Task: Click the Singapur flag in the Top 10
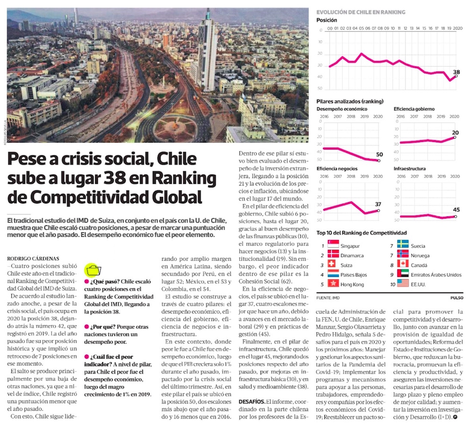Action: (x=333, y=246)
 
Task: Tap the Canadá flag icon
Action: (x=403, y=265)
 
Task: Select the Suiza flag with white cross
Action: (x=333, y=265)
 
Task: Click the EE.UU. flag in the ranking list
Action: (x=403, y=284)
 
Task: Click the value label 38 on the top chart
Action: (x=456, y=72)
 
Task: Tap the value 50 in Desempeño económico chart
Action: (x=379, y=154)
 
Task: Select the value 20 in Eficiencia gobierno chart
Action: (x=455, y=132)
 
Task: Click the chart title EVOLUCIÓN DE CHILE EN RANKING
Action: (x=360, y=12)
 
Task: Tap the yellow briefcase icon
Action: (x=93, y=270)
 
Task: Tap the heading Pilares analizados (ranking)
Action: (x=350, y=101)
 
